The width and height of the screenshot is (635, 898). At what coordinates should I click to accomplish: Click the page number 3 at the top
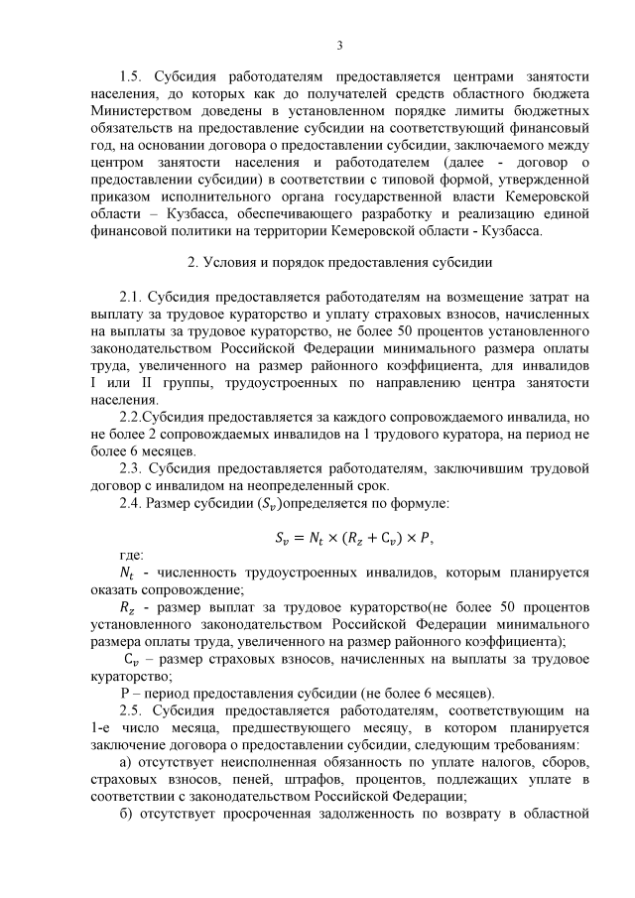pyautogui.click(x=339, y=44)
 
